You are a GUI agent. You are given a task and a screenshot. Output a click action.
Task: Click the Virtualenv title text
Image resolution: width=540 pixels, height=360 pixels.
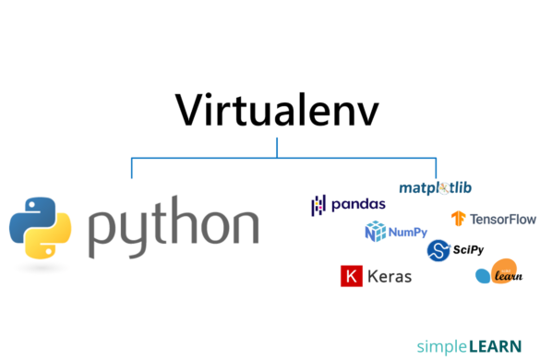pos(276,110)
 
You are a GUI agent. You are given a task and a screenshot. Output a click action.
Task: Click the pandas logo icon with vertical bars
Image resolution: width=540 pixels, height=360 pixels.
pos(318,205)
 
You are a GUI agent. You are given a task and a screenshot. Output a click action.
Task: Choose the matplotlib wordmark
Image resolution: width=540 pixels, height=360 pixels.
pos(435,187)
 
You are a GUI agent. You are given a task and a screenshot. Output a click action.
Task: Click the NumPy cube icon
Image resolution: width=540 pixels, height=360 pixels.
pos(374,233)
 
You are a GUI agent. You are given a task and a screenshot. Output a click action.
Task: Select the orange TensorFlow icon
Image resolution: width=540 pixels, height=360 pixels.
pos(458,219)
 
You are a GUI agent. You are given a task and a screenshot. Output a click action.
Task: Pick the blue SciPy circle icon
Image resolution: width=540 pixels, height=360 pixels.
pos(438,249)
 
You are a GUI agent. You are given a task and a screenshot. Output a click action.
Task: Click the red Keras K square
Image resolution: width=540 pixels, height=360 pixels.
pos(351,276)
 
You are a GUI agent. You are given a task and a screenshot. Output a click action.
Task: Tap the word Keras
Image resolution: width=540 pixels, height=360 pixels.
pos(389,276)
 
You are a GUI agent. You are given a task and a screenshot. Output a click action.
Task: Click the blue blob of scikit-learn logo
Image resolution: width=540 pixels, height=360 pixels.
pos(483,275)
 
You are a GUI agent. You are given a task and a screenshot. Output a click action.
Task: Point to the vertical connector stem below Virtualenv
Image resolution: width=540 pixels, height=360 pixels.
pos(277,148)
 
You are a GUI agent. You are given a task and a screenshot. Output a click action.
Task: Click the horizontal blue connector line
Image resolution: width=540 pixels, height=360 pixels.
pos(203,158)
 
